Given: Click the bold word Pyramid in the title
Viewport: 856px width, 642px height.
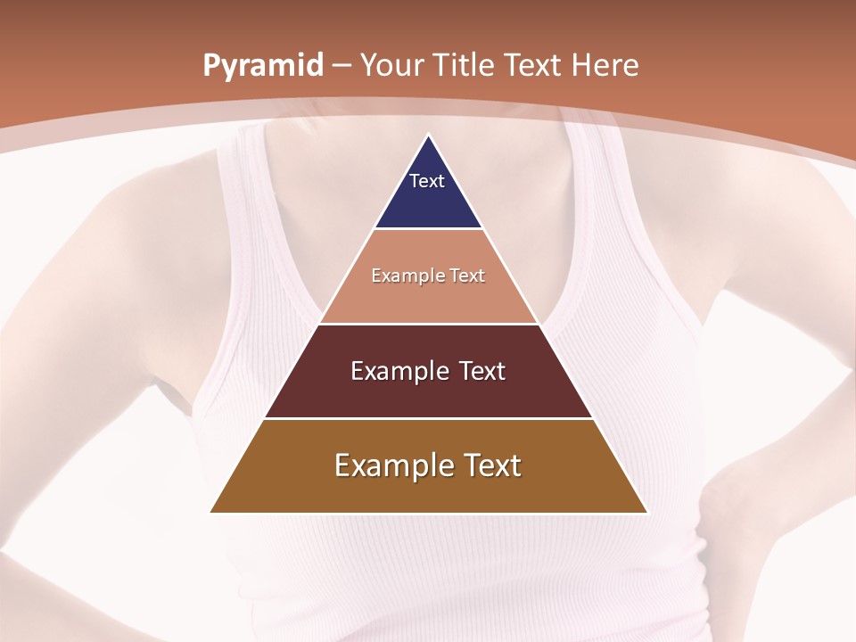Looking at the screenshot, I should [262, 66].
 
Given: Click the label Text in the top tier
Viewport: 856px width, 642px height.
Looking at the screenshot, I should [427, 181].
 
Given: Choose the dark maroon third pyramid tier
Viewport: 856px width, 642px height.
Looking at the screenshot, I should [428, 392].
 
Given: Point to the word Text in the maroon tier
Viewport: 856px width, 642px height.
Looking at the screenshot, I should [482, 371].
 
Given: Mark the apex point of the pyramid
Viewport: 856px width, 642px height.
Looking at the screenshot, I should [429, 136].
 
